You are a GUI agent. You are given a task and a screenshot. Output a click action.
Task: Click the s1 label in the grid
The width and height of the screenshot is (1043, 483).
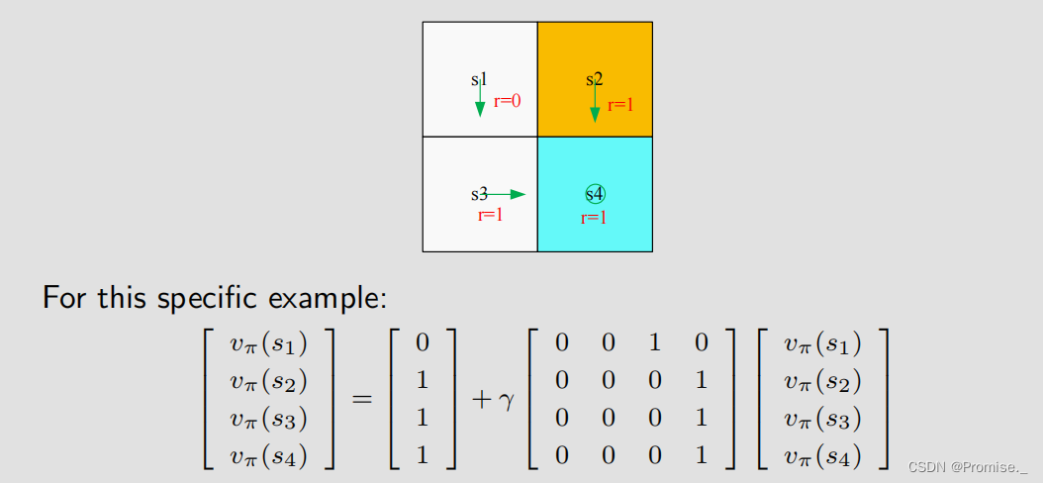pyautogui.click(x=478, y=79)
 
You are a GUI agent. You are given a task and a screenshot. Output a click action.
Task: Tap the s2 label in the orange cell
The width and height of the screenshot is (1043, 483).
pyautogui.click(x=594, y=79)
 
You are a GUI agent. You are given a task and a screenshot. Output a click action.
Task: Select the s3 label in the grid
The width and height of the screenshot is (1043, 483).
pyautogui.click(x=479, y=194)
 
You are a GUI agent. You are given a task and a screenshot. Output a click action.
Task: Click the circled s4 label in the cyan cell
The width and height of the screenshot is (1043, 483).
pyautogui.click(x=595, y=194)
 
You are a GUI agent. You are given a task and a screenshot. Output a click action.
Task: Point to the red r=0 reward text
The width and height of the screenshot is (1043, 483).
pyautogui.click(x=507, y=100)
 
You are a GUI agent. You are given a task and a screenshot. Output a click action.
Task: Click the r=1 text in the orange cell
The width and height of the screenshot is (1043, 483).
pyautogui.click(x=620, y=105)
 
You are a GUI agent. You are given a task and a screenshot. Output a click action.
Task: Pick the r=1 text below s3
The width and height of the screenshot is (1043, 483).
pyautogui.click(x=490, y=215)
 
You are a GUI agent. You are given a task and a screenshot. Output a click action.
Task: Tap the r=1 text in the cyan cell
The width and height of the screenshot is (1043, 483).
pyautogui.click(x=594, y=218)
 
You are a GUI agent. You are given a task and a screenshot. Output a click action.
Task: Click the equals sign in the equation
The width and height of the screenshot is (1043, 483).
pyautogui.click(x=362, y=401)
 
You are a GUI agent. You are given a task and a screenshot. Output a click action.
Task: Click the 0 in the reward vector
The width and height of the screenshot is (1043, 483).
pyautogui.click(x=423, y=343)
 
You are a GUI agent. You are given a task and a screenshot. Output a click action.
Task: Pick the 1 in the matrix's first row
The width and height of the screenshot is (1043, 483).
pyautogui.click(x=654, y=343)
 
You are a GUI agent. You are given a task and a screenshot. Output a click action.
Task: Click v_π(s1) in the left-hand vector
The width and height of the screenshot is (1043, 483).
pyautogui.click(x=268, y=343)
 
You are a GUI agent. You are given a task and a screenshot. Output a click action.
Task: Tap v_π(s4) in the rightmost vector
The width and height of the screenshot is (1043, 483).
pyautogui.click(x=822, y=456)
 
